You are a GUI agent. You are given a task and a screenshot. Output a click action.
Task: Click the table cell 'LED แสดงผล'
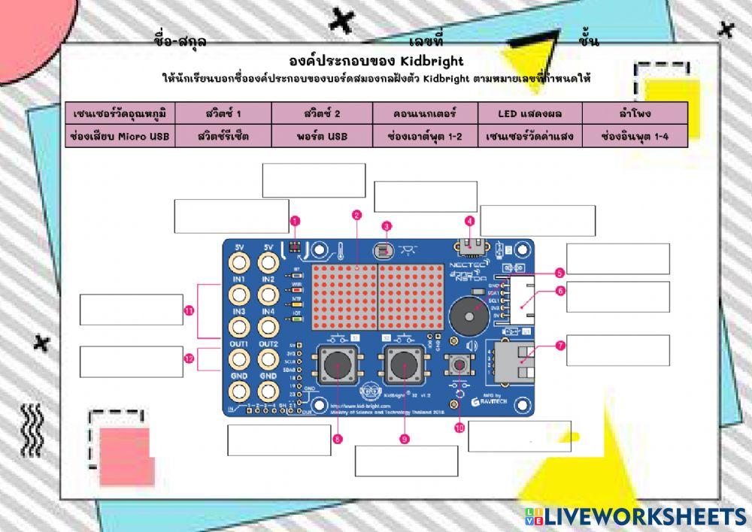(x=530, y=113)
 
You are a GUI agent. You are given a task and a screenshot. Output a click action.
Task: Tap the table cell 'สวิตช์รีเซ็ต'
(x=223, y=137)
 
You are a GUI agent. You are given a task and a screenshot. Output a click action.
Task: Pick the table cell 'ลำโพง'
(x=635, y=113)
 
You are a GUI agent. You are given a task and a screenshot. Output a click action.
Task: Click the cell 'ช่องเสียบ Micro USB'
(x=120, y=137)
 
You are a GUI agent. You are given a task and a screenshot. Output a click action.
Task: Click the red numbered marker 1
(x=295, y=221)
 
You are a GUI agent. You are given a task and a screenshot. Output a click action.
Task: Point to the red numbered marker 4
(x=470, y=221)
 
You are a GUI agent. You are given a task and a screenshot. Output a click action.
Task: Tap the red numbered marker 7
(x=560, y=346)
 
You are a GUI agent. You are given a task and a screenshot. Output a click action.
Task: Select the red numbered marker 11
(x=189, y=310)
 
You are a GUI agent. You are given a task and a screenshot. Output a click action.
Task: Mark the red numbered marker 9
(x=404, y=439)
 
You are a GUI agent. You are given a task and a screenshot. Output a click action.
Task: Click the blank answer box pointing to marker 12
(x=132, y=361)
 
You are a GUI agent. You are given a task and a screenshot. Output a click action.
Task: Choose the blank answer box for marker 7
(x=617, y=350)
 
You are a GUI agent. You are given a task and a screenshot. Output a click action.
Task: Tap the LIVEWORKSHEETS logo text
(x=644, y=516)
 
